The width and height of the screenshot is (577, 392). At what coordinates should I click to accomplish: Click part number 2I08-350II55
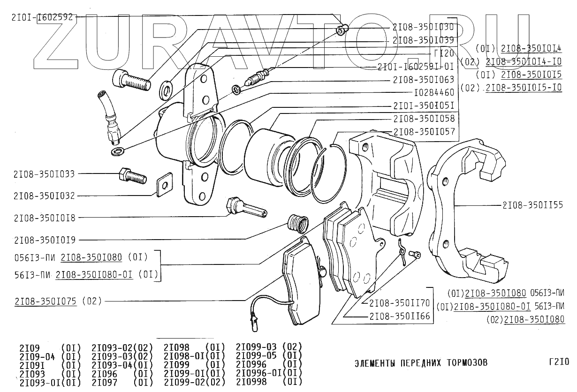coord(532,205)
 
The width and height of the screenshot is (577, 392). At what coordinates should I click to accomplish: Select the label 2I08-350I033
coord(45,173)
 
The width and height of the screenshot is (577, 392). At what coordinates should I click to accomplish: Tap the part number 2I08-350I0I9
coord(45,240)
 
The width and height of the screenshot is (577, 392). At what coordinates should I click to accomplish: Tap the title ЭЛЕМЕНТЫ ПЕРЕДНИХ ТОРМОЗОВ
coord(420,362)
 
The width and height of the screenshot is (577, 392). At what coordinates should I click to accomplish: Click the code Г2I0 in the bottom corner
coord(558,362)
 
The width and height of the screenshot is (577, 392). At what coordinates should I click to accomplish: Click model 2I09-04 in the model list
coord(38,356)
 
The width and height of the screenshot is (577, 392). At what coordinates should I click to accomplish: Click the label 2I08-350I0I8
coord(45,218)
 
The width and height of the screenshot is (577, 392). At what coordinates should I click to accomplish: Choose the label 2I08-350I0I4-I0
coord(524,61)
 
